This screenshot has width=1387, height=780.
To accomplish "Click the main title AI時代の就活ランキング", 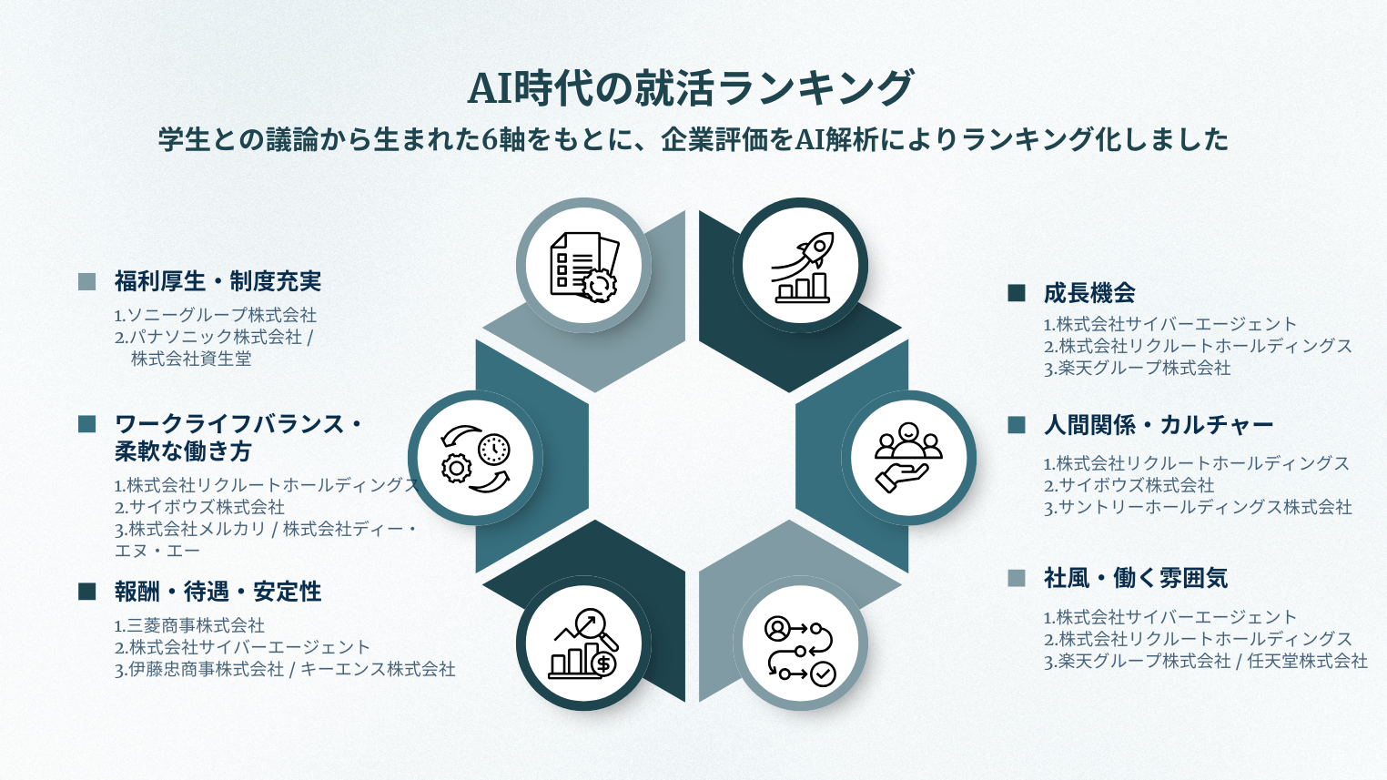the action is (x=691, y=88).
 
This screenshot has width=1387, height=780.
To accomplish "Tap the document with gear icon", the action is (x=583, y=267).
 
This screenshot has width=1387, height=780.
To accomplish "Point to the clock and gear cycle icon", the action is (x=475, y=458).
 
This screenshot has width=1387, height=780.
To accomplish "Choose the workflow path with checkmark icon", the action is (x=801, y=648).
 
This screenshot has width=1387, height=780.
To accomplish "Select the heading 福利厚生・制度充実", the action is (x=218, y=281).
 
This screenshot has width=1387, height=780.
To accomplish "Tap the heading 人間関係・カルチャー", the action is (x=1159, y=425).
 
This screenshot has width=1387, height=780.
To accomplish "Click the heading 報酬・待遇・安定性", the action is (x=218, y=592).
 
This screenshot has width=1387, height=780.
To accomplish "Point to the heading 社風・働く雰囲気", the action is (x=1136, y=578).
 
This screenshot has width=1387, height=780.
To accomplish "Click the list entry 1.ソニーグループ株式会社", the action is (x=216, y=315).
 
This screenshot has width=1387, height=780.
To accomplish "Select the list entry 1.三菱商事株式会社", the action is (x=189, y=625).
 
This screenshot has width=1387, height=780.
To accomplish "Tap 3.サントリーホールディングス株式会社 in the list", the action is (x=1198, y=507).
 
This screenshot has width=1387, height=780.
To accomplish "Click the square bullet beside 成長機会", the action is (x=1017, y=293).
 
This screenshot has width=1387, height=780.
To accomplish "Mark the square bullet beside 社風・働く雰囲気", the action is (x=1017, y=578).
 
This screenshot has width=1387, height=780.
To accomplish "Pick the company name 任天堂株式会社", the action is (x=1307, y=661).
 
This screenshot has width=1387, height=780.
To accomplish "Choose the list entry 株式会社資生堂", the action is (x=191, y=359).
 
